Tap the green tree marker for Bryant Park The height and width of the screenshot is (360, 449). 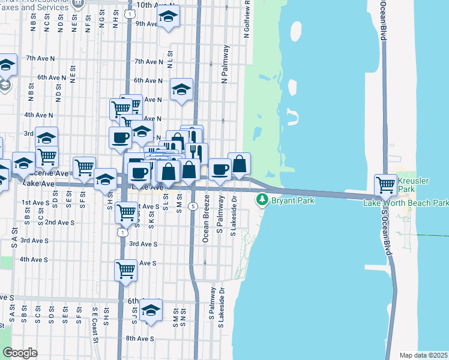click(262, 200)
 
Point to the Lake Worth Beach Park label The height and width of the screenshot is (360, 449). click(406, 203)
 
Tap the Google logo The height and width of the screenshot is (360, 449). click(20, 353)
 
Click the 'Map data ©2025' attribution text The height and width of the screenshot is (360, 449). click(424, 355)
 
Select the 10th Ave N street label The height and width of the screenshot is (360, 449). click(154, 5)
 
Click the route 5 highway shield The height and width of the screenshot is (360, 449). click(192, 206)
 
